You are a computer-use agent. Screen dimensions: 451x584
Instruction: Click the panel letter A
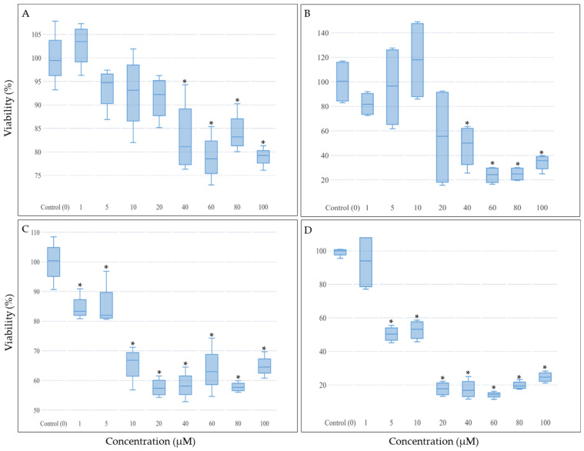point(26,14)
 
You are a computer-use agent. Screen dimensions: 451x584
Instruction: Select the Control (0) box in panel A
point(55,58)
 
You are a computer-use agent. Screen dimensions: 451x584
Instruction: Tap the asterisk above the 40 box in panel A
point(185,82)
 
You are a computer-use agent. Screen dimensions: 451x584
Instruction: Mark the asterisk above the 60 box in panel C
point(211,336)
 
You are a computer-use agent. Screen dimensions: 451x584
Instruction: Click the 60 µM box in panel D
point(492,395)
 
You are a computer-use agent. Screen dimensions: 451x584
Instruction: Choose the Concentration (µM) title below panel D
point(435,442)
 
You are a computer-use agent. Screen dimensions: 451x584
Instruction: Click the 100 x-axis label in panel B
point(542,207)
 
